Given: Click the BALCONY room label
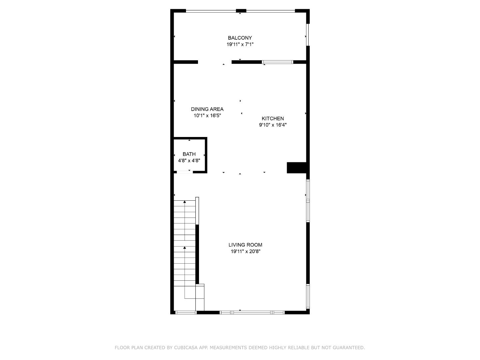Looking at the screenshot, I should [x=240, y=38].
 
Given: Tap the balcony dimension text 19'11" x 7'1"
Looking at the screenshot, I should [x=240, y=44].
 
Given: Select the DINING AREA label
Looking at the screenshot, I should [x=207, y=109].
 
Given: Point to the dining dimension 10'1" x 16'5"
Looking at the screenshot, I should [x=207, y=116].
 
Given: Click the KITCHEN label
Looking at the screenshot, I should [x=273, y=119].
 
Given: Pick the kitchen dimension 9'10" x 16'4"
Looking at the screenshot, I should [x=273, y=125].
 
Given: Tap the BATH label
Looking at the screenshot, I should [x=189, y=154].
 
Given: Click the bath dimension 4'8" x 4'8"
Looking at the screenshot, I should [x=189, y=160].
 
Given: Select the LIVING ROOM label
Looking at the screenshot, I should [x=245, y=245].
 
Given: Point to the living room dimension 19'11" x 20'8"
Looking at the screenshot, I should [x=245, y=251].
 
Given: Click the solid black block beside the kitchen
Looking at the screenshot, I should [x=296, y=168].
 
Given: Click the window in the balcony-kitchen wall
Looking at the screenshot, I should [x=277, y=62].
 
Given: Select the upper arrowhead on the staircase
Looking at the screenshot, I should [x=184, y=202].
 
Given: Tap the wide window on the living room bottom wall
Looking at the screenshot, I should [x=252, y=312].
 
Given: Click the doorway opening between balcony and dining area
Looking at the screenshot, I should [x=215, y=62].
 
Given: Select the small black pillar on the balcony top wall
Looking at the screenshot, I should [x=241, y=11].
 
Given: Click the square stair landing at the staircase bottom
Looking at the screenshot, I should [x=200, y=297].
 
